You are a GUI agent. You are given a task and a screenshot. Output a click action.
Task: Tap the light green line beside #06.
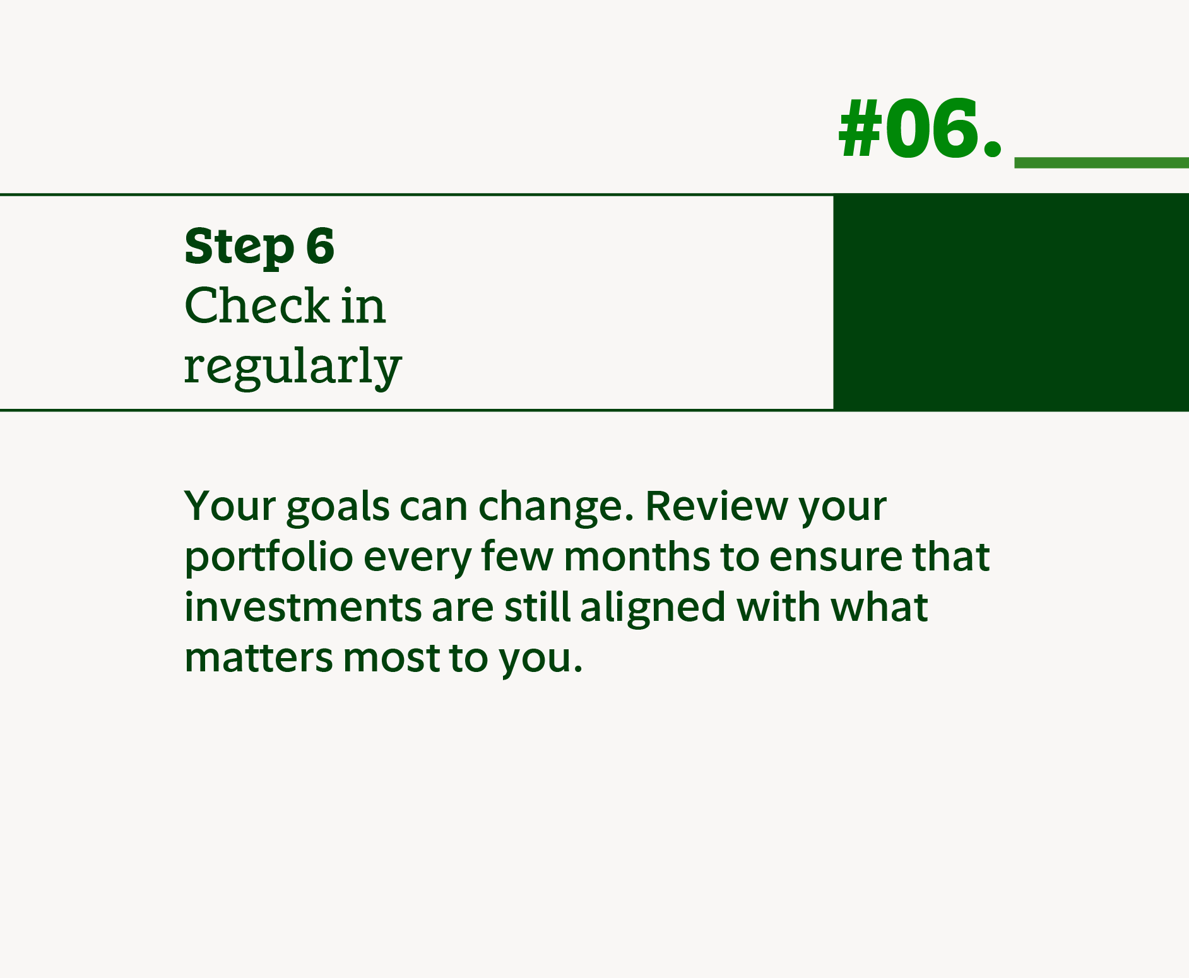click(x=1101, y=163)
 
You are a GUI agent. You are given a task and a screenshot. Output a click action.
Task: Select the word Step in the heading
click(x=239, y=247)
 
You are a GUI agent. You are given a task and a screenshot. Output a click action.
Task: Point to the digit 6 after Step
click(x=320, y=246)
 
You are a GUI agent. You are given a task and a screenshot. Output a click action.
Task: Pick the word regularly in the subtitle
click(x=292, y=367)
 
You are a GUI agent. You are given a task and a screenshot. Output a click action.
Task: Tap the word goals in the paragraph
click(x=338, y=507)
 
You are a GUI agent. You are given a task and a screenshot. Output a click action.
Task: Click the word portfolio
click(x=268, y=557)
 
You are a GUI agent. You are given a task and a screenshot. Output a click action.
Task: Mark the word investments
click(x=302, y=607)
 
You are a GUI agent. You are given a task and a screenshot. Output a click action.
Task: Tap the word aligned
click(x=653, y=608)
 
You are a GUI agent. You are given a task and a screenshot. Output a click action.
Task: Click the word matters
click(x=258, y=657)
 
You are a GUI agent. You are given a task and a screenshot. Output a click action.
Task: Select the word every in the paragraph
click(x=418, y=558)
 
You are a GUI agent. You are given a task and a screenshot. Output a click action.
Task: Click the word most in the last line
click(x=391, y=657)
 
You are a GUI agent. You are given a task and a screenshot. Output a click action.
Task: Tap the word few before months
click(x=517, y=557)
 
